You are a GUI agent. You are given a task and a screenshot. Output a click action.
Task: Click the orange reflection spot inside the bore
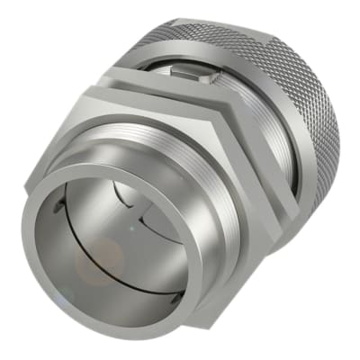pyautogui.click(x=94, y=261)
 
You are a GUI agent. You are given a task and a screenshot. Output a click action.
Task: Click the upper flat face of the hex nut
pyautogui.click(x=153, y=99)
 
